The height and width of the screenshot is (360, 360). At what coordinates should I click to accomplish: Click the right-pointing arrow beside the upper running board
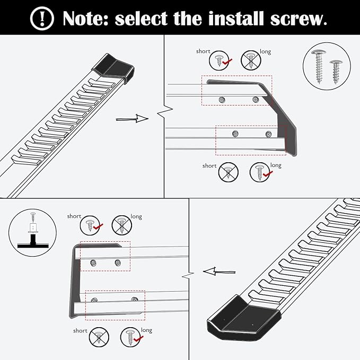point(132,119)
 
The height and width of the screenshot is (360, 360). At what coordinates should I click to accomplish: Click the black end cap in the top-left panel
point(114,68)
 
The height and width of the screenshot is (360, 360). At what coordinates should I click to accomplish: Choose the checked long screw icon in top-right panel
point(259,171)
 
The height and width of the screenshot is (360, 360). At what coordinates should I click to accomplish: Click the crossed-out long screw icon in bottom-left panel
point(121,225)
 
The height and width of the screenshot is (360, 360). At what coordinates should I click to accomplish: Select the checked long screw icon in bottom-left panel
point(130,336)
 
